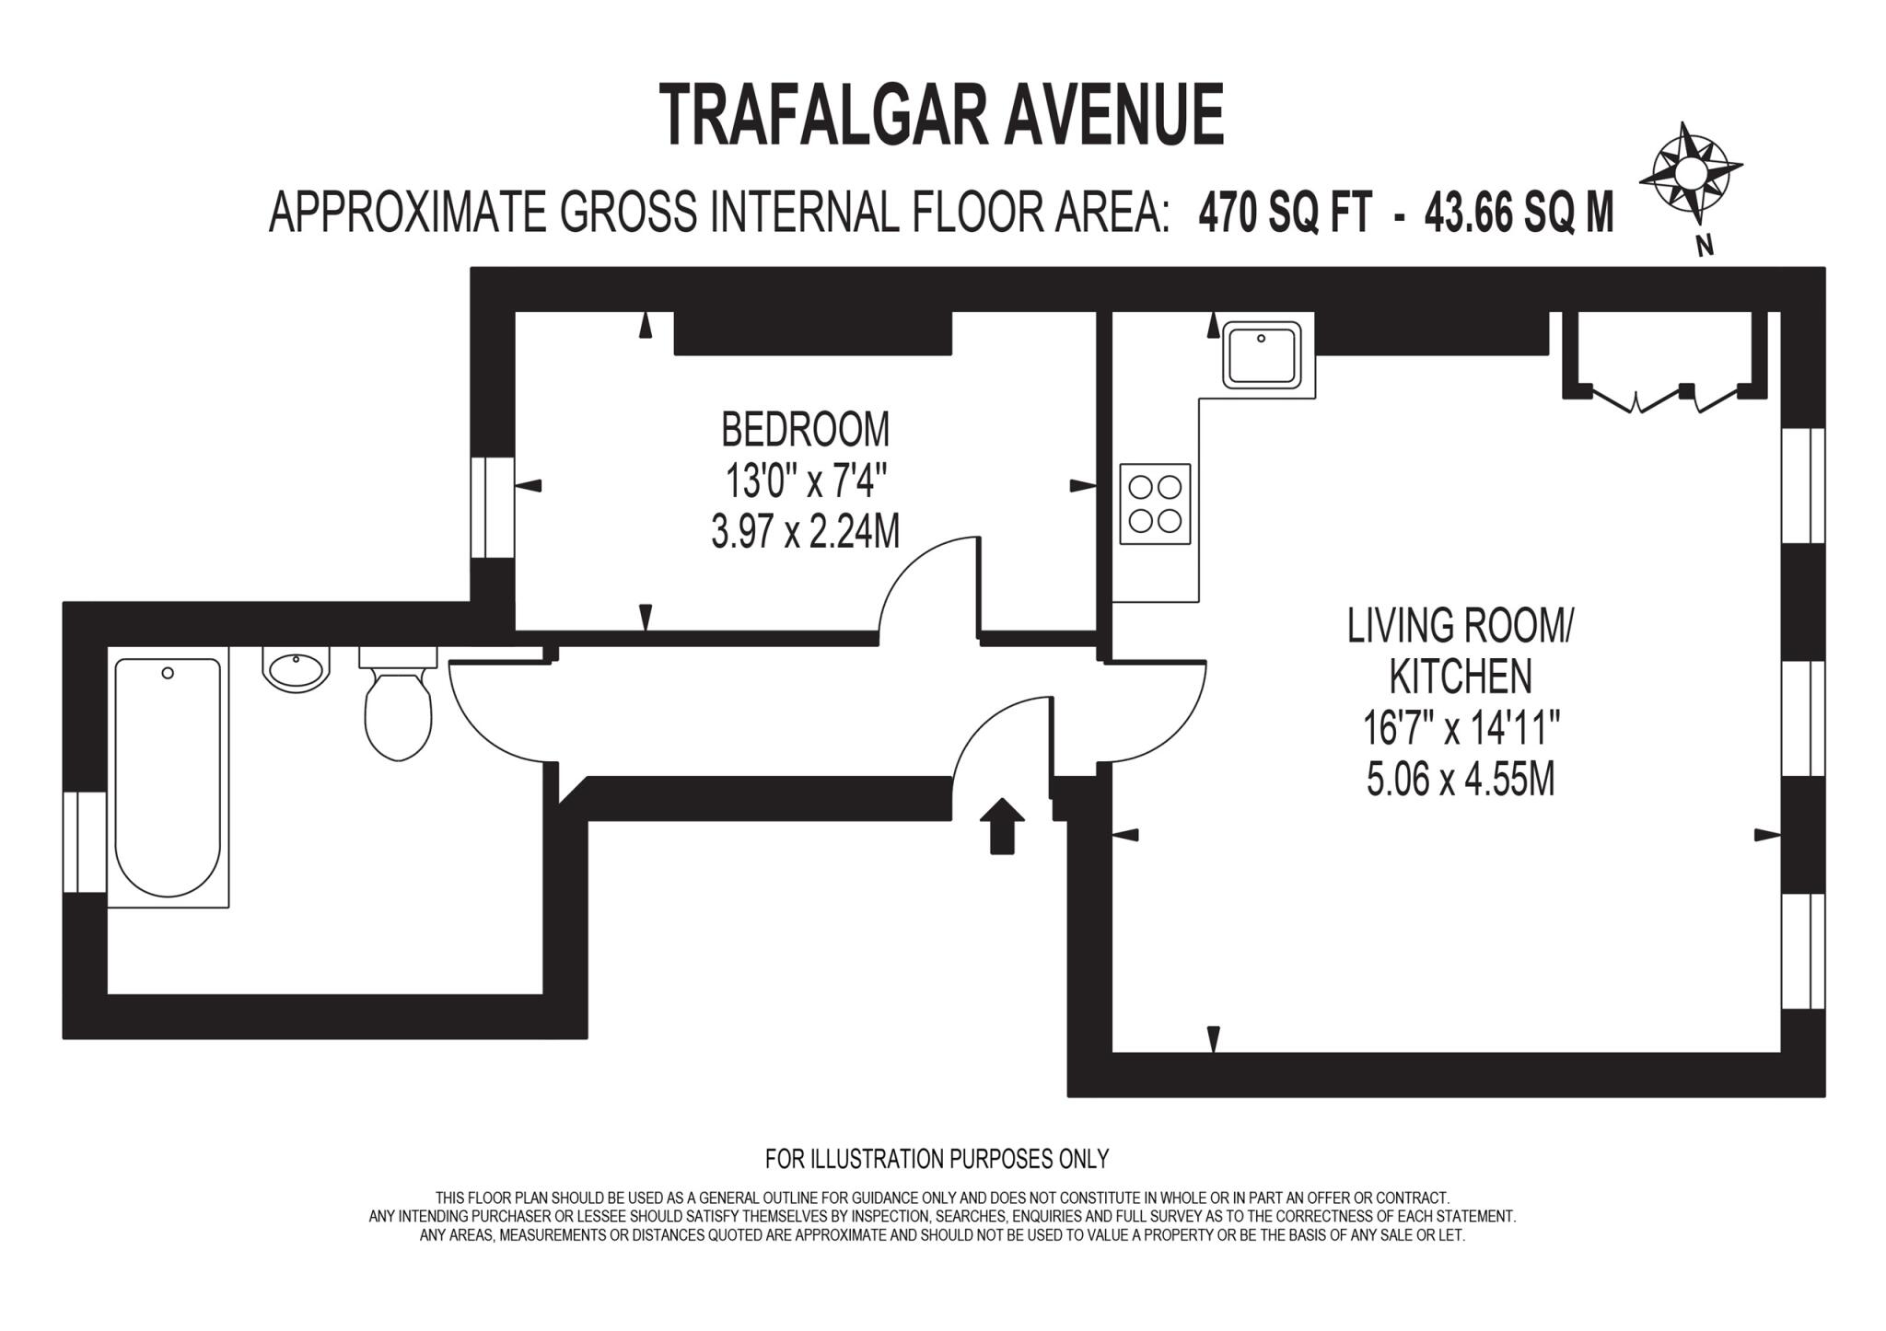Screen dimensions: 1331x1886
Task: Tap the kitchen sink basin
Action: coord(1261,355)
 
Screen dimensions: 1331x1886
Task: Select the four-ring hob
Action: coord(1155,504)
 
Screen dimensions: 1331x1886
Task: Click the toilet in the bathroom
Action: coord(398,709)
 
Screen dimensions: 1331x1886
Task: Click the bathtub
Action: coord(168,777)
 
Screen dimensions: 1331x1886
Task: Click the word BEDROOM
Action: coord(805,429)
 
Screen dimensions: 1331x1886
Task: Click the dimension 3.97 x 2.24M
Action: coord(805,532)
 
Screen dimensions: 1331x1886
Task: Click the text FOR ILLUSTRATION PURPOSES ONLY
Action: coord(937,1159)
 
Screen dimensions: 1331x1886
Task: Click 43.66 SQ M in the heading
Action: coord(1519,213)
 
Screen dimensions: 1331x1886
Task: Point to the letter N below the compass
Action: coord(1704,245)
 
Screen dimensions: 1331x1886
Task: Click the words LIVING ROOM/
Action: coord(1461,626)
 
